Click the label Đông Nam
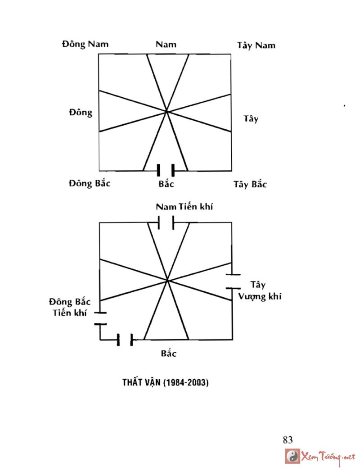(x=85, y=44)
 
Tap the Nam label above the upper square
(x=166, y=44)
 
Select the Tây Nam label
(x=256, y=45)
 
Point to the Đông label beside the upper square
(x=81, y=112)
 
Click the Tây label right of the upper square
(x=251, y=119)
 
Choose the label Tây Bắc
(x=250, y=185)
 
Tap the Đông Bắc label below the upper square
(x=90, y=184)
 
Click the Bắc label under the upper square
(x=166, y=184)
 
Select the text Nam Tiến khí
(x=184, y=207)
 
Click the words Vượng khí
(x=261, y=297)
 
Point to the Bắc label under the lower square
(x=169, y=354)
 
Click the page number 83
(x=288, y=440)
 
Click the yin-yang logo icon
(x=293, y=456)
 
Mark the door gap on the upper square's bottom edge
(x=166, y=171)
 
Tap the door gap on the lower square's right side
(x=233, y=281)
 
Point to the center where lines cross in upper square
(x=166, y=111)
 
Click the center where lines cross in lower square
(x=167, y=281)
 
